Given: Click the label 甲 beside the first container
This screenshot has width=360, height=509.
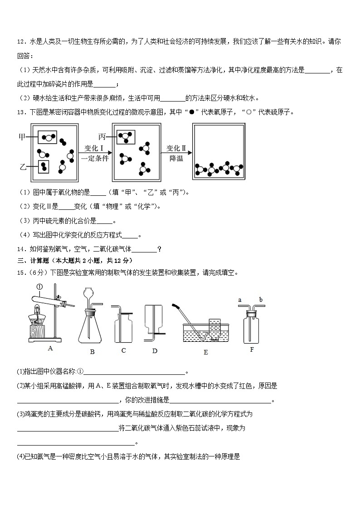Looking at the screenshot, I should [x=22, y=136].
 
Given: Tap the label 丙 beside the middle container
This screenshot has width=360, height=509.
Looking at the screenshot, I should [x=102, y=136].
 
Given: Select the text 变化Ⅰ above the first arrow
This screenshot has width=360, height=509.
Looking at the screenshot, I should [x=94, y=148].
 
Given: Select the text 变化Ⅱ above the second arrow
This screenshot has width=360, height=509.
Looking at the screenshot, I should [x=176, y=148].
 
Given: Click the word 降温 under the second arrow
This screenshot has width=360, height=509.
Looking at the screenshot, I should [x=176, y=158].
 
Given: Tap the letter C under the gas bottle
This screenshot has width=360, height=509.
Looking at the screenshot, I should [x=123, y=350].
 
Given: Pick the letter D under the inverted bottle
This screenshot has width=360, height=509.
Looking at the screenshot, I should [x=155, y=350].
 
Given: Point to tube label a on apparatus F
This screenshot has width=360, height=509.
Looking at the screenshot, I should [x=240, y=300].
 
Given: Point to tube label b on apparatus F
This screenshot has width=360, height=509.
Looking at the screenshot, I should [x=261, y=300].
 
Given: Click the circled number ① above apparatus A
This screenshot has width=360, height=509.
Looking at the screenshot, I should [x=39, y=286].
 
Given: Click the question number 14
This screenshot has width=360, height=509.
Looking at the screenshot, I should [x=21, y=248].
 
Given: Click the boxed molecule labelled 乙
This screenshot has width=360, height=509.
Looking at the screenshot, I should [x=44, y=167].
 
